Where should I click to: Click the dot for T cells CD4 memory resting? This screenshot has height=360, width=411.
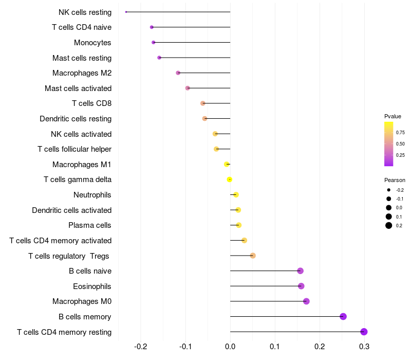364,332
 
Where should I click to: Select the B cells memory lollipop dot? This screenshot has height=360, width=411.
343,316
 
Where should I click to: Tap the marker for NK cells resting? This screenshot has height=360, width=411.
126,12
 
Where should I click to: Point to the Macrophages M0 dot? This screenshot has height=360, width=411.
307,301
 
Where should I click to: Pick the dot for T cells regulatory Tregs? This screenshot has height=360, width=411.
253,256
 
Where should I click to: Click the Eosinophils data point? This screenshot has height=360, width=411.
301,286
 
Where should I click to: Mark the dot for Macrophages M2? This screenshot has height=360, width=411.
178,73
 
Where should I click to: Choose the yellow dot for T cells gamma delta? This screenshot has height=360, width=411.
230,179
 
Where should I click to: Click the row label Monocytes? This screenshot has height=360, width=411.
92,43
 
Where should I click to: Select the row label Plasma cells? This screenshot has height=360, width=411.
90,225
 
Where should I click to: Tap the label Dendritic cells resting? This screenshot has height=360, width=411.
76,119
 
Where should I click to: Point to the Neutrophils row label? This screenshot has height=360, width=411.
92,195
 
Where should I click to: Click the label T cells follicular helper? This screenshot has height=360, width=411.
74,149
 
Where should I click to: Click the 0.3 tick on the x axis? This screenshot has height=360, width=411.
364,347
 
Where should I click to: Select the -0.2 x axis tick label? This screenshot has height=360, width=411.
141,347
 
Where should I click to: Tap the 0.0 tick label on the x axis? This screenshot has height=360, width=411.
230,347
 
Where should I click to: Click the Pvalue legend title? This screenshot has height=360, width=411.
393,116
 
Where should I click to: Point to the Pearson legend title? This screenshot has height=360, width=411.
395,180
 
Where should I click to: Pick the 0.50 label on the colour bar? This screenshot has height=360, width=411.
400,143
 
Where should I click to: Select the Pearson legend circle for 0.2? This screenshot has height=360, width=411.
389,225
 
